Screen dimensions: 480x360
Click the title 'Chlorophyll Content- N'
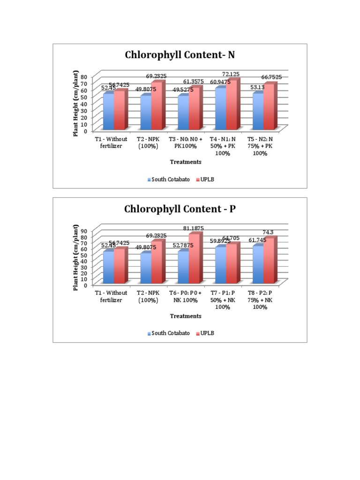[180, 55]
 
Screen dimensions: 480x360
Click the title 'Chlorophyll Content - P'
[180, 209]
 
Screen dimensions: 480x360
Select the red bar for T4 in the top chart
[232, 105]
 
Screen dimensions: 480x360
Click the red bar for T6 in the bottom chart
[194, 259]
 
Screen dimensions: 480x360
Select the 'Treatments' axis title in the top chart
[186, 162]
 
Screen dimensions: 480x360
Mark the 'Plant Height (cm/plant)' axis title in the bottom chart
[75, 257]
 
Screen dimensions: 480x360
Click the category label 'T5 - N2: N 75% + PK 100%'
[263, 146]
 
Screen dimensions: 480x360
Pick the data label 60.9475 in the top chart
[221, 82]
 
